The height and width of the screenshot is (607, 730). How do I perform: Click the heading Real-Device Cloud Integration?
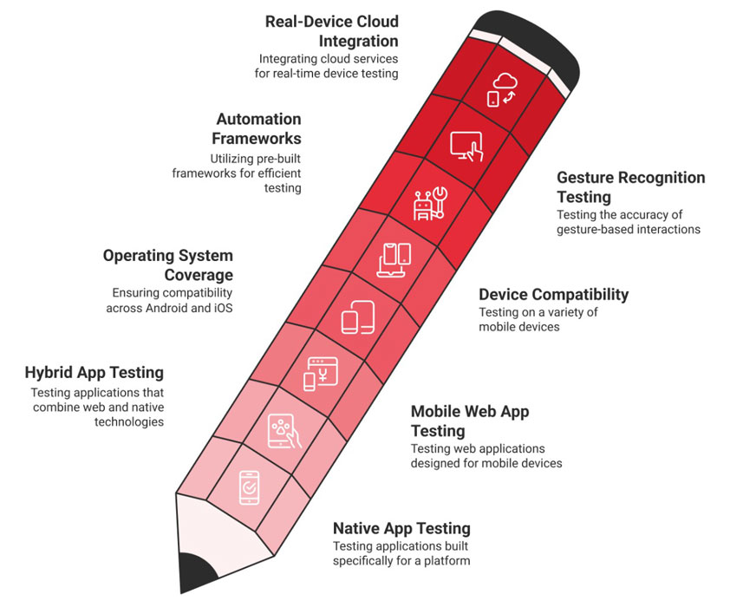click(x=331, y=31)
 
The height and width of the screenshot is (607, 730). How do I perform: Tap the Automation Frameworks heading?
click(x=257, y=128)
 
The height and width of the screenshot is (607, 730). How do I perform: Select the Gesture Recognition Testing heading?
click(x=631, y=186)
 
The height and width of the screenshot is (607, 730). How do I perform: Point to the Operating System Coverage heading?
click(x=168, y=264)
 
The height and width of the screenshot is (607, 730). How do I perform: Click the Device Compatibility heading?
click(x=553, y=294)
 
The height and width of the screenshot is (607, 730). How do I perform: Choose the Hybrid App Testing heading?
click(x=94, y=372)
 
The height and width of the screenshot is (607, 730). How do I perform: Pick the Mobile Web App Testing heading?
click(x=470, y=421)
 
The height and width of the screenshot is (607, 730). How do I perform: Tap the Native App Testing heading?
click(x=401, y=528)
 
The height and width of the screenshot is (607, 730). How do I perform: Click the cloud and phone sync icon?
click(x=502, y=90)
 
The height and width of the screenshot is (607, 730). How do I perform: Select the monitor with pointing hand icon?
click(x=466, y=147)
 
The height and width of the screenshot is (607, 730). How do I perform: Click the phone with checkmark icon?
click(x=249, y=488)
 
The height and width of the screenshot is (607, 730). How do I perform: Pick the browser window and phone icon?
click(x=321, y=374)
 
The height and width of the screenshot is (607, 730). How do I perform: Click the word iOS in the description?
click(x=223, y=308)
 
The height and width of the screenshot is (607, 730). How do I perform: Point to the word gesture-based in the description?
click(x=595, y=230)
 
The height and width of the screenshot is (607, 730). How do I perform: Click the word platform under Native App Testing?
click(x=447, y=561)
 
